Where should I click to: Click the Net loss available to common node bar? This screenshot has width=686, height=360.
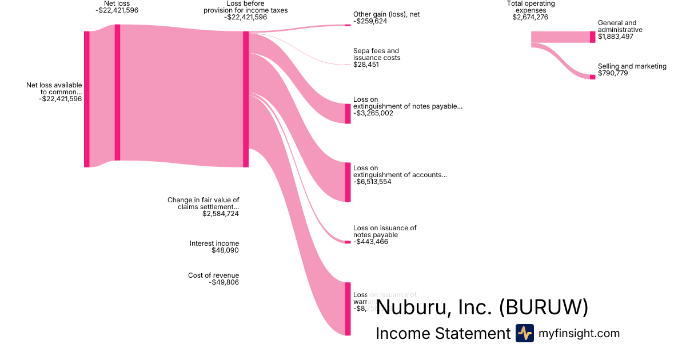tap(87, 99)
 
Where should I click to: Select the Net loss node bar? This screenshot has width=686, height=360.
tap(117, 93)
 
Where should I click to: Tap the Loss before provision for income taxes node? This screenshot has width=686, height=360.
tap(246, 99)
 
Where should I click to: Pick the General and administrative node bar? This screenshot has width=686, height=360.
tap(592, 37)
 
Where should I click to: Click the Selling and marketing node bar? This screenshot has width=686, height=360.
tap(592, 77)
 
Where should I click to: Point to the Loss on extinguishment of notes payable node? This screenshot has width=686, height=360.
tap(348, 114)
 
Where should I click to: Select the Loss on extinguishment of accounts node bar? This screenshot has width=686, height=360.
tap(348, 182)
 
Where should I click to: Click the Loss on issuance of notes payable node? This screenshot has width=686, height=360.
tap(348, 242)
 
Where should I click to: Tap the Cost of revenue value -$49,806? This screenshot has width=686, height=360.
tap(224, 282)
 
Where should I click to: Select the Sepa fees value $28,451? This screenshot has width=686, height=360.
tap(366, 65)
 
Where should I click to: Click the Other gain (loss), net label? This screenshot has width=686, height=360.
tap(386, 14)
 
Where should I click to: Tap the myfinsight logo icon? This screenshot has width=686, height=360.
tap(524, 333)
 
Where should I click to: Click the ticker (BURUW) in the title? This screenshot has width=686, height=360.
tap(543, 307)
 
